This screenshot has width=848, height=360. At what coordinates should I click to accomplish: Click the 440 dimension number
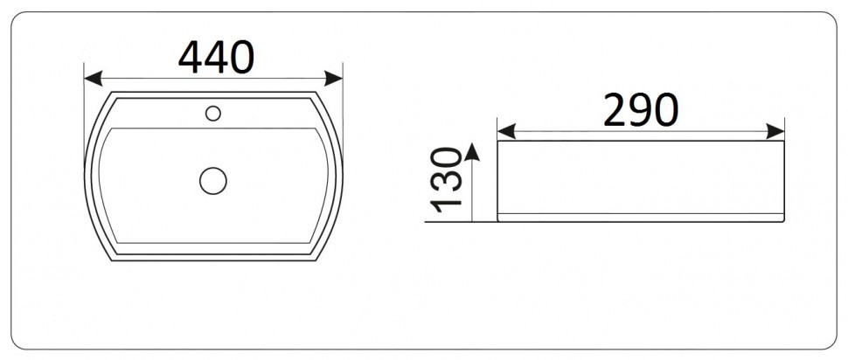[216, 57]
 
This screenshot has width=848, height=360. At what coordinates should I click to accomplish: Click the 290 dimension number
[641, 110]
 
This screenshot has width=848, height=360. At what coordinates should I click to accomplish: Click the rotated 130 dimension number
[446, 179]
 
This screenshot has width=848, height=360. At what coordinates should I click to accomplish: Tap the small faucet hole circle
[213, 114]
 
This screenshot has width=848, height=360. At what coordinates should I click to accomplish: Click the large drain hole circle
[213, 181]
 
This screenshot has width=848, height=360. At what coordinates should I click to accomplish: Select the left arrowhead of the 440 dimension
[94, 79]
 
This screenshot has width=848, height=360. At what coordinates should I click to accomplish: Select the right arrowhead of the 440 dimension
[334, 79]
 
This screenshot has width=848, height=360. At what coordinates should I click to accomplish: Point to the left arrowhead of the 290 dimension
[506, 131]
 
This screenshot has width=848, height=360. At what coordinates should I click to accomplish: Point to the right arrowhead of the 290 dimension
[775, 131]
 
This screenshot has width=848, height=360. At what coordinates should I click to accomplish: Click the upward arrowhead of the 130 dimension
[472, 152]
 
